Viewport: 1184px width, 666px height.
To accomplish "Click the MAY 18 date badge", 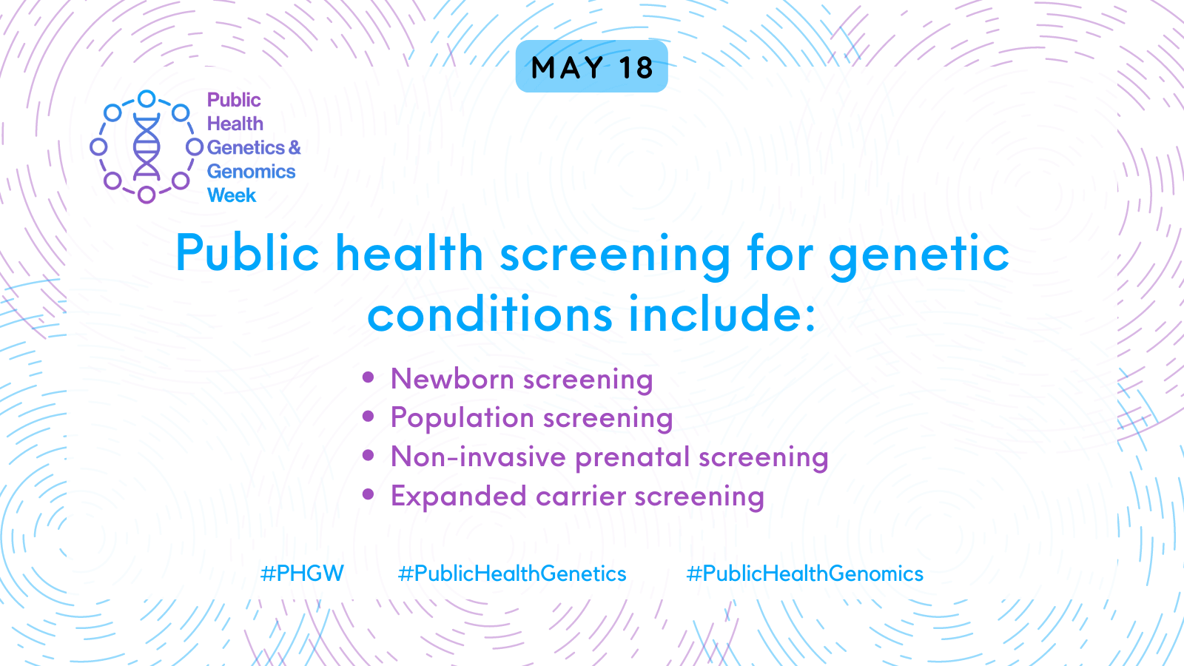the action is tap(591, 67).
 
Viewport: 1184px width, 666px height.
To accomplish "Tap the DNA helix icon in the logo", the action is tap(147, 147).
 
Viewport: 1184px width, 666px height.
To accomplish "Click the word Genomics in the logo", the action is tap(251, 171).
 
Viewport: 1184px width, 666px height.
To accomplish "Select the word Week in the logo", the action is tap(232, 195).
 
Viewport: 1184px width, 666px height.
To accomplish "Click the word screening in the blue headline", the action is tap(615, 255).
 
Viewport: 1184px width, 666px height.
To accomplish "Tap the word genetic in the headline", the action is tap(918, 255).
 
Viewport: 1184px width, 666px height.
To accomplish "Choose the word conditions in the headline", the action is tap(490, 314).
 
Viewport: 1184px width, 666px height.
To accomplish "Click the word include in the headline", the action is tap(722, 314).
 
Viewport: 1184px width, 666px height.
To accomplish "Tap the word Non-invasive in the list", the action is tap(479, 457).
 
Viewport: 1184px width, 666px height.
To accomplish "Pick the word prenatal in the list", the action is tap(633, 457).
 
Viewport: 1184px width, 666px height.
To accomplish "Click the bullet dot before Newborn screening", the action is tap(369, 377).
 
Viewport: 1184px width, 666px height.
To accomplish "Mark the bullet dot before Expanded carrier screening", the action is tap(369, 494).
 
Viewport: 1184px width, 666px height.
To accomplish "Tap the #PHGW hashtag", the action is tap(303, 573).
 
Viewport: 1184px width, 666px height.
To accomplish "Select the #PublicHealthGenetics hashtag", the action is tap(511, 573).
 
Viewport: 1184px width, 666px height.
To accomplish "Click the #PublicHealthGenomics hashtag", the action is tap(804, 573).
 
